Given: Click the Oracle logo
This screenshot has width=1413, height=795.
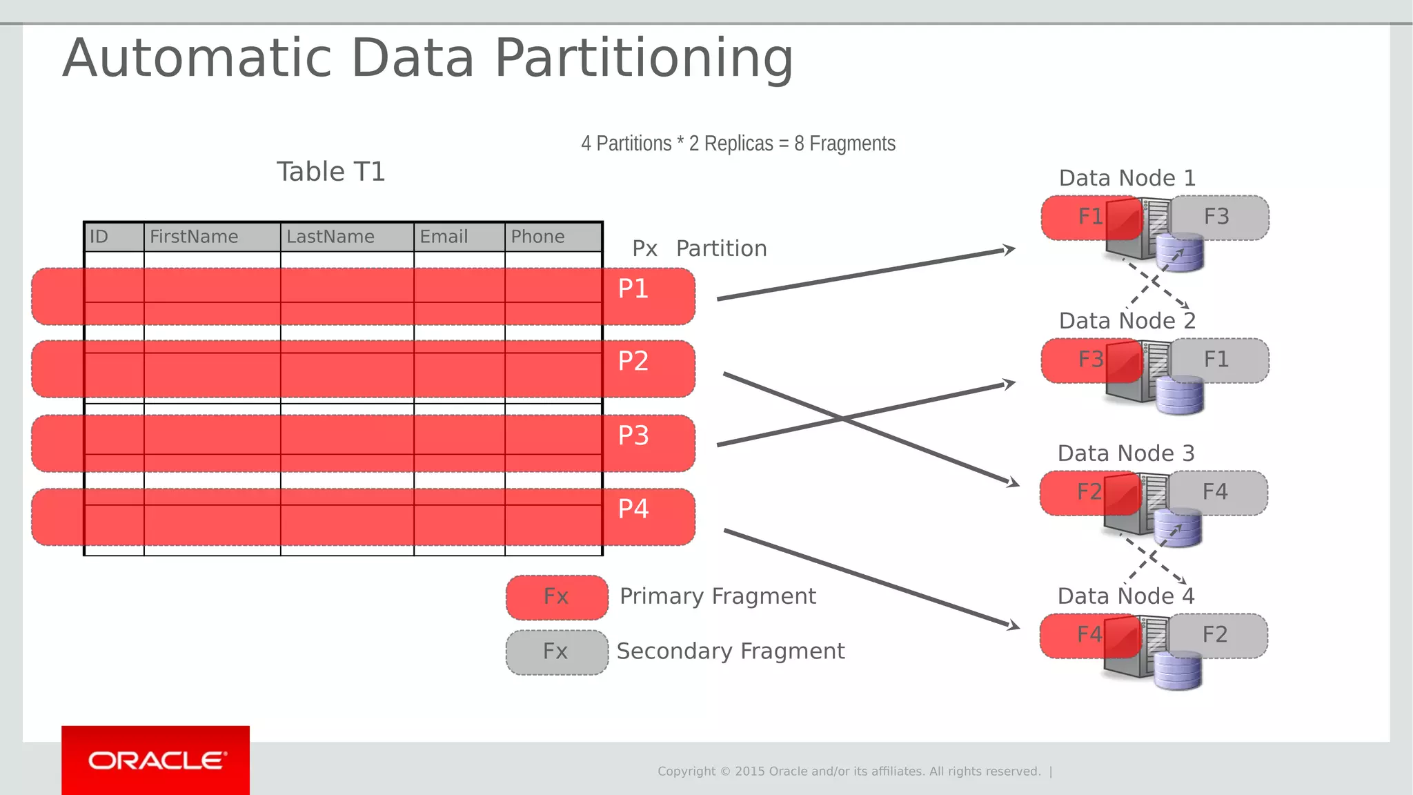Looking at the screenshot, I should (x=156, y=760).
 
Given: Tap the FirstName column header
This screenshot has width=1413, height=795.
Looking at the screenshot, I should (x=194, y=237).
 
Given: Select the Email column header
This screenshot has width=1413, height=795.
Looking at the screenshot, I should (x=444, y=237).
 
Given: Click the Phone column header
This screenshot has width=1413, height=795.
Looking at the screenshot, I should (x=537, y=237).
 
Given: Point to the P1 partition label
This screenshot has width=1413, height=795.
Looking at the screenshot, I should (x=633, y=288).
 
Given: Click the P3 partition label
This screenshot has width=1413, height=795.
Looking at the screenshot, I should (x=633, y=435).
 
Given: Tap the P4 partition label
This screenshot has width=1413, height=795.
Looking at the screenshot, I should (x=633, y=509).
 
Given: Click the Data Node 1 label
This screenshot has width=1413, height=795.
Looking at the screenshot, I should (x=1127, y=178).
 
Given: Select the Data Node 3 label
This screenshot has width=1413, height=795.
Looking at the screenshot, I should (x=1125, y=453).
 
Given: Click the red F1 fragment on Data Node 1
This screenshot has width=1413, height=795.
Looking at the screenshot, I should (x=1083, y=217).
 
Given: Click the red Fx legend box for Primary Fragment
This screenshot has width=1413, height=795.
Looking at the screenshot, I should (x=557, y=597).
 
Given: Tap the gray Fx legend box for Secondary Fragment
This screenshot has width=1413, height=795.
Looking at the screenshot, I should (x=557, y=651).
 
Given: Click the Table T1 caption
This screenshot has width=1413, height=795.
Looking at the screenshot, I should (x=330, y=172).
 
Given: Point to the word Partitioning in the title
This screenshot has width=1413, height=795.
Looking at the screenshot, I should (x=644, y=58).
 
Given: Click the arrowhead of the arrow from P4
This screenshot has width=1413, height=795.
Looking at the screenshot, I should (x=1014, y=625).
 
